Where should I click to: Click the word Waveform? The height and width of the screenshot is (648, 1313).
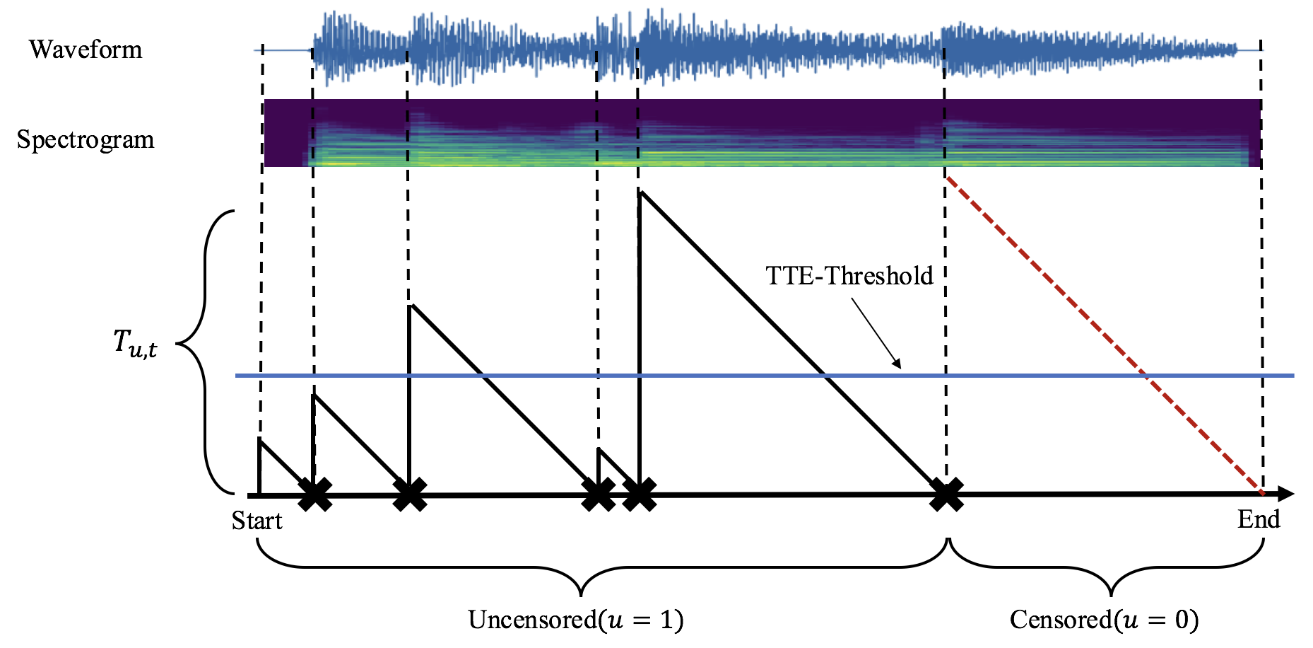pos(86,50)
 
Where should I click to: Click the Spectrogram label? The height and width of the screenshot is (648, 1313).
pos(86,139)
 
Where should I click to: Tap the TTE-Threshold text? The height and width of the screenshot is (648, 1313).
pos(849,275)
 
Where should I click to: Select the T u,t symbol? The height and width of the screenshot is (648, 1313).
pos(135,344)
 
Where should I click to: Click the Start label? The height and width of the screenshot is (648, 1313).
pos(257,521)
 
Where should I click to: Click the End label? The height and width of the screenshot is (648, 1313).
pos(1259,519)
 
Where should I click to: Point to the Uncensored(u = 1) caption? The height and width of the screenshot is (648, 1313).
pos(575,620)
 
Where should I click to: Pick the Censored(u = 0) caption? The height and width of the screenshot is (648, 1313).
pos(1104,620)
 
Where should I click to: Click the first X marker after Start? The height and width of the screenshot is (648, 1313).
pos(315,494)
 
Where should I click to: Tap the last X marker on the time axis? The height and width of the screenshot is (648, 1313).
pos(946,494)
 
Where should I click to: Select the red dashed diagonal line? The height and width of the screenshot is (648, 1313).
pos(1102,332)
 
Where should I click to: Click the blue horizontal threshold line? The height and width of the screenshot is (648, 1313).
pos(707,376)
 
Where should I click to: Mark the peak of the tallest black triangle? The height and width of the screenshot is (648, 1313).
pos(640,191)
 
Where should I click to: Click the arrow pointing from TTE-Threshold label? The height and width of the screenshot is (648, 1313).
pos(876,333)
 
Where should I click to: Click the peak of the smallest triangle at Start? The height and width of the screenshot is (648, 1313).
pos(261,441)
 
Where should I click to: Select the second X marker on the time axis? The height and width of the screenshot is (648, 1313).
pos(409,494)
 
